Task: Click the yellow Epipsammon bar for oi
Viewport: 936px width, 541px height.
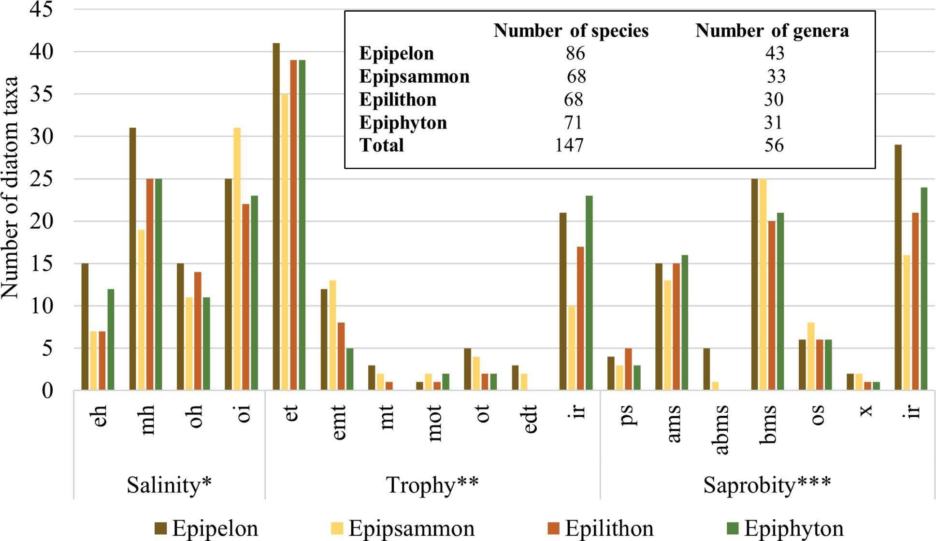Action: click(237, 259)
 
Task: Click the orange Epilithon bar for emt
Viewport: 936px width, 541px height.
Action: click(341, 356)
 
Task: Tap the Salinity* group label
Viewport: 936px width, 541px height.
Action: click(169, 484)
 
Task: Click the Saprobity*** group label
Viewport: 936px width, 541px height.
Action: click(767, 484)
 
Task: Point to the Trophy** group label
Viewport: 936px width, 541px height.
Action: click(432, 484)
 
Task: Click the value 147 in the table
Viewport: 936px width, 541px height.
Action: click(569, 145)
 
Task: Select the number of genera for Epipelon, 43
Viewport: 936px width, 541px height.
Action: click(775, 53)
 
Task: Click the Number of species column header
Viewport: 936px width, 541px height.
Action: click(571, 30)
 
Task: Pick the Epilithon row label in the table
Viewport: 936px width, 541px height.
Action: click(398, 100)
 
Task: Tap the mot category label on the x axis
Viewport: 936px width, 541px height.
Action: click(434, 423)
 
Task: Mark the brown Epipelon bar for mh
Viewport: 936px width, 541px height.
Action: click(132, 259)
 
